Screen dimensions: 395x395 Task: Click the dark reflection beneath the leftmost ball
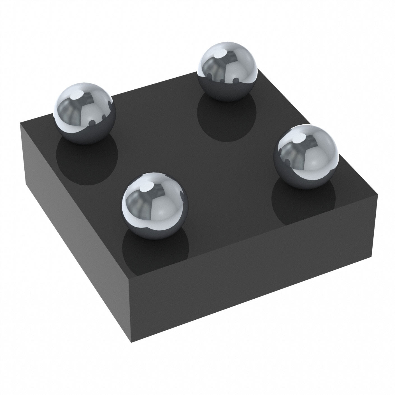(87, 160)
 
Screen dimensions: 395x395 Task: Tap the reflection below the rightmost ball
(304, 202)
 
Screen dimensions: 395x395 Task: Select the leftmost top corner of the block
(20, 124)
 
